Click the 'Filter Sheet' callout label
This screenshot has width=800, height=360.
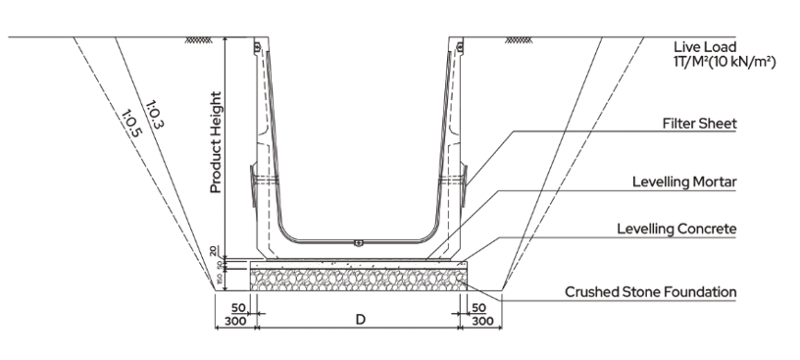(x=699, y=124)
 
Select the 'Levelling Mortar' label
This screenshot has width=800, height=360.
(x=684, y=181)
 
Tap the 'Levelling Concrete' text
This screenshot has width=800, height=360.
(x=676, y=229)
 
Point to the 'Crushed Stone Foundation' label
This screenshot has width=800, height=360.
(x=651, y=292)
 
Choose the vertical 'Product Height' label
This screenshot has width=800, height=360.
(x=217, y=142)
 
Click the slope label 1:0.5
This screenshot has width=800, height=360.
(x=131, y=123)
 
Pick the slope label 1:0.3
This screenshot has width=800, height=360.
(x=155, y=115)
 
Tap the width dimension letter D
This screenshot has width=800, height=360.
(x=361, y=320)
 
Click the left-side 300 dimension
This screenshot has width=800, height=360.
(x=235, y=321)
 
